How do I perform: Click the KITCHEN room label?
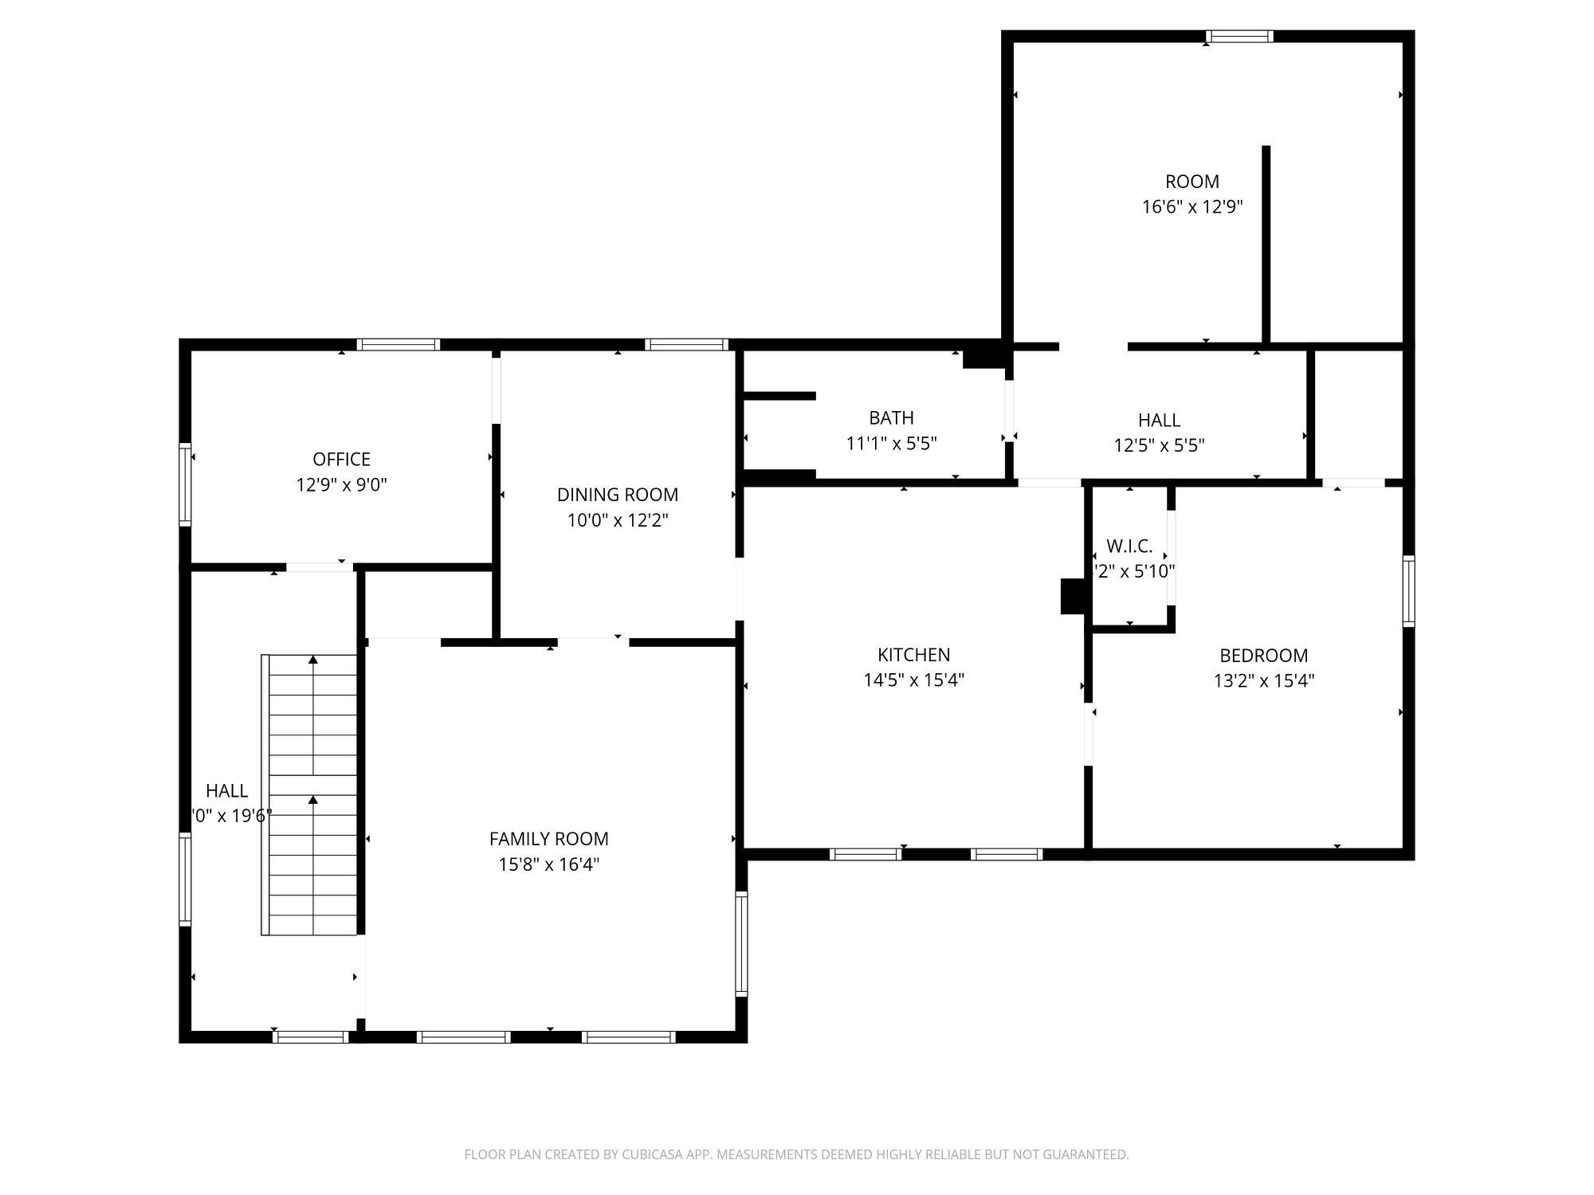pos(913,655)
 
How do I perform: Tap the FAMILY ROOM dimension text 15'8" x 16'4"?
pos(549,864)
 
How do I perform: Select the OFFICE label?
pos(341,459)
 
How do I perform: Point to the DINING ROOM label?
pos(617,495)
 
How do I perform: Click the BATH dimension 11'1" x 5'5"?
pos(891,444)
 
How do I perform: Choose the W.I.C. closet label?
pos(1129,547)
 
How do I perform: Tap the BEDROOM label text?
pos(1263,656)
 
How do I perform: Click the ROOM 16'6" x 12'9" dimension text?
pos(1192,207)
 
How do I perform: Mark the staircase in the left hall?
pos(311,794)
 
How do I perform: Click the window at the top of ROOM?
pos(1239,36)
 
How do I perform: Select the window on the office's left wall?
pos(185,484)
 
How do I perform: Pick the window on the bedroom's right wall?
pos(1408,590)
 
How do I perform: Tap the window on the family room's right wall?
pos(741,944)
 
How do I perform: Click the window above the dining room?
pos(685,345)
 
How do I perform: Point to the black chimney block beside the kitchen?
pos(1072,596)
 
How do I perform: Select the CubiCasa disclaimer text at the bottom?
pos(796,1154)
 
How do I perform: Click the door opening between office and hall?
pos(319,567)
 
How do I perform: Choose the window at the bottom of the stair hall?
pos(311,1036)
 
